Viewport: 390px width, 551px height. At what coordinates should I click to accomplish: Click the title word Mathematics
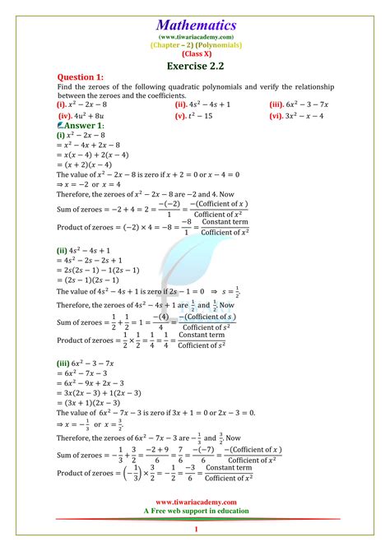195,25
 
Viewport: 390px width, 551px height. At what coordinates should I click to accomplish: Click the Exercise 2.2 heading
195,65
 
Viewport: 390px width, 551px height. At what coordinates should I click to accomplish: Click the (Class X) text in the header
195,53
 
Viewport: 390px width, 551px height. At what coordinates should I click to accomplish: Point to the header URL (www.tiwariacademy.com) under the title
195,37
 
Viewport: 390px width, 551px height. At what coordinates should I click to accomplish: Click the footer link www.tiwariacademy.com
195,502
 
